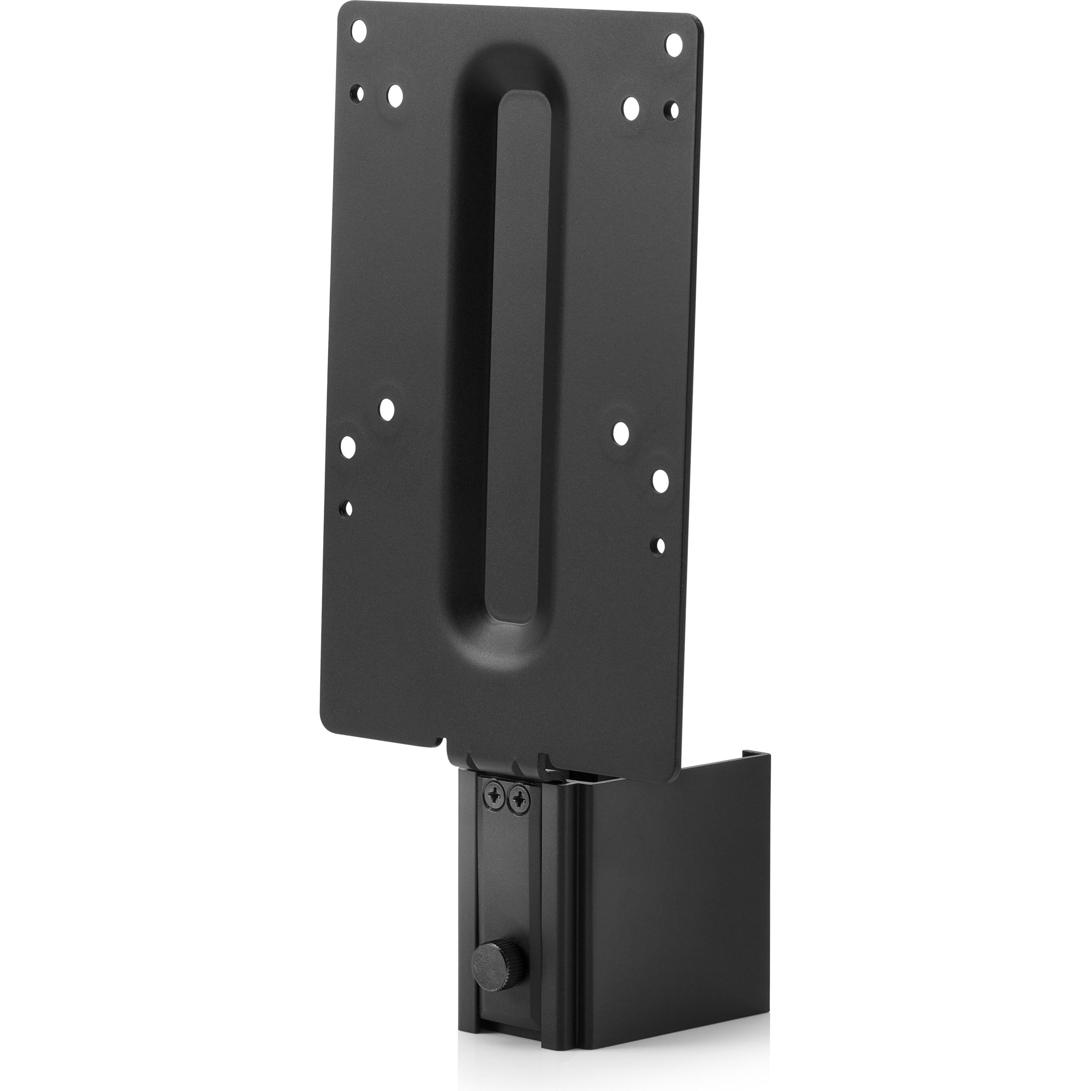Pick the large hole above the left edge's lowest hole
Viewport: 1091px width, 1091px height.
pyautogui.click(x=349, y=447)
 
